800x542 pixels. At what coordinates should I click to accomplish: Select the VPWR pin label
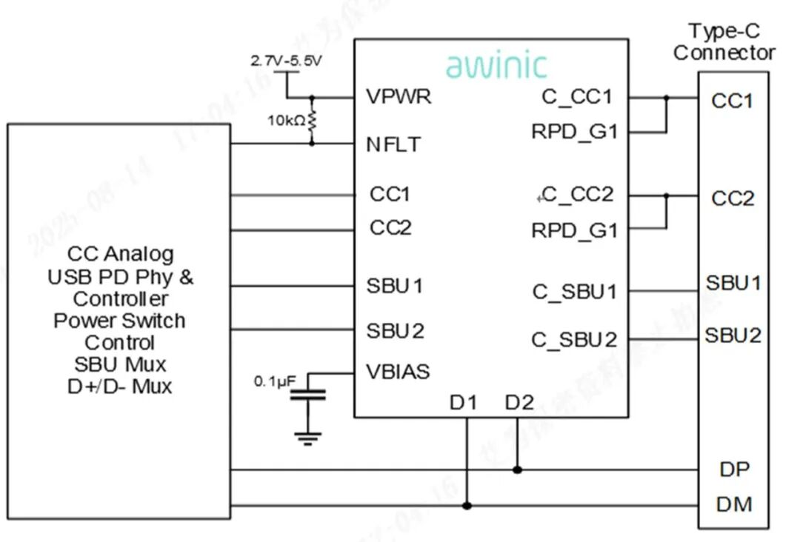pyautogui.click(x=399, y=97)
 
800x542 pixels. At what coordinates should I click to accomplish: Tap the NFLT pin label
pyautogui.click(x=393, y=144)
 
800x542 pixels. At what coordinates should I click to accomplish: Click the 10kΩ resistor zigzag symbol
pyautogui.click(x=312, y=120)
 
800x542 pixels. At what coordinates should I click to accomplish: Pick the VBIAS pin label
pyautogui.click(x=398, y=372)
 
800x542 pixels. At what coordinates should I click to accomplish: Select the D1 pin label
pyautogui.click(x=464, y=404)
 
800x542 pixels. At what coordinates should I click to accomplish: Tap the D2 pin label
pyautogui.click(x=519, y=404)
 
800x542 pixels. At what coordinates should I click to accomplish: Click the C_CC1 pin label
pyautogui.click(x=577, y=97)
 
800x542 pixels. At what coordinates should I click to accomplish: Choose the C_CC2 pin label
pyautogui.click(x=578, y=195)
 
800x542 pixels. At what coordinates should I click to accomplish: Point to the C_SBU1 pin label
pyautogui.click(x=574, y=292)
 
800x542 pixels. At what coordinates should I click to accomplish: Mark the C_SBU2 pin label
pyautogui.click(x=574, y=340)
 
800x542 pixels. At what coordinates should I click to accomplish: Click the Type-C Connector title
pyautogui.click(x=724, y=42)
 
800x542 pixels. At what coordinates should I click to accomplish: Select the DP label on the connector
pyautogui.click(x=734, y=469)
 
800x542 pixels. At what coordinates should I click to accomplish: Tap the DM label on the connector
pyautogui.click(x=734, y=505)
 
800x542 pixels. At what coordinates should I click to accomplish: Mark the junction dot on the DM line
pyautogui.click(x=467, y=506)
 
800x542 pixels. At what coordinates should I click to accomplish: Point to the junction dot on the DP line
pyautogui.click(x=518, y=469)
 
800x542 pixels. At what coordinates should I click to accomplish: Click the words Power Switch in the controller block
pyautogui.click(x=119, y=321)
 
